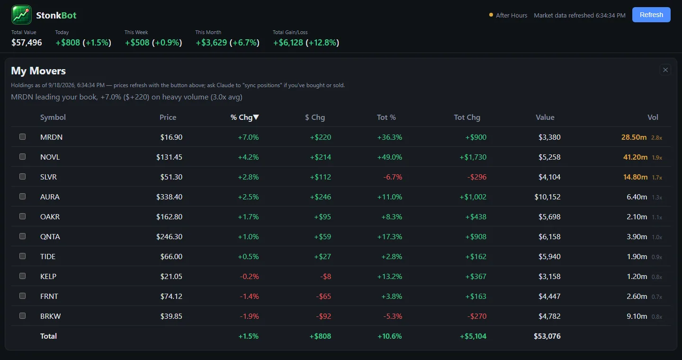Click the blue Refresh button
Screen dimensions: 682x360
651,15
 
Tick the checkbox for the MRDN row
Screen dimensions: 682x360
23,137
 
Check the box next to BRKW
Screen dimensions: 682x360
23,316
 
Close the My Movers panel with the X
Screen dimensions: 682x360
665,70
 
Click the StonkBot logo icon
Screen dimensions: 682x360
21,15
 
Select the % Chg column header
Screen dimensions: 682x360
245,117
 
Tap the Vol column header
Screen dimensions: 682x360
653,117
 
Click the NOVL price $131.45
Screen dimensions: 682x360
169,157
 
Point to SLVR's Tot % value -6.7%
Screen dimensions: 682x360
393,177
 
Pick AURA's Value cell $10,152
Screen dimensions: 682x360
547,197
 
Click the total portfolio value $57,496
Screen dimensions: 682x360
27,43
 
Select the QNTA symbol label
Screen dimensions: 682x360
50,237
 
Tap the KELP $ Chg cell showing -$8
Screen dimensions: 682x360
326,277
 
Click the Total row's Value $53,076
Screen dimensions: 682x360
547,336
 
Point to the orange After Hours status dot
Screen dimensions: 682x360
491,15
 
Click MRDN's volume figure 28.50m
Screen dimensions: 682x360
634,137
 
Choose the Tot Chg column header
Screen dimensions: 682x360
467,117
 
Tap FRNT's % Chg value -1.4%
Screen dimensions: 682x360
249,297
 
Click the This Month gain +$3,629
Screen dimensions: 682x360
211,43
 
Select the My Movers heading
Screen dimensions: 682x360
38,71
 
